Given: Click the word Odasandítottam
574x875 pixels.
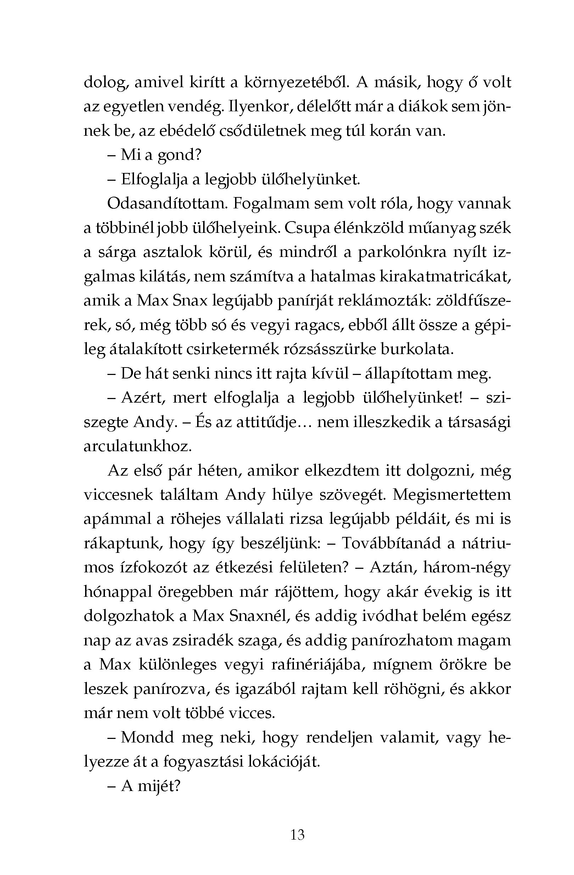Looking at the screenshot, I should pyautogui.click(x=166, y=204).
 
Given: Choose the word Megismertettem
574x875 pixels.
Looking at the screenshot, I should pyautogui.click(x=452, y=495).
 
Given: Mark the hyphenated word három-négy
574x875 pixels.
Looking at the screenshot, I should pyautogui.click(x=467, y=568).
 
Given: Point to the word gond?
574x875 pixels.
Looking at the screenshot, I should pyautogui.click(x=180, y=155).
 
